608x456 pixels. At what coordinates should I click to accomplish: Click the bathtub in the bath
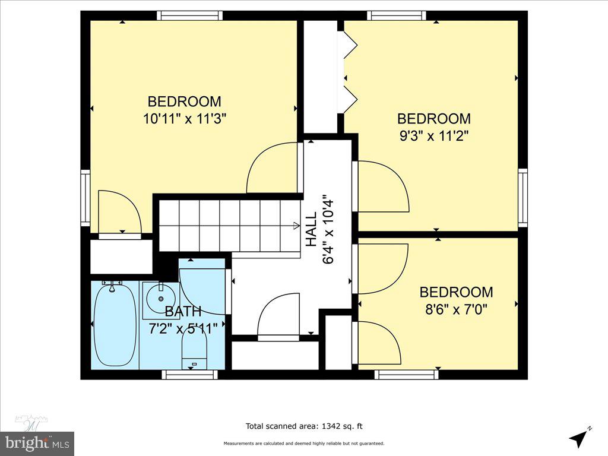point(115,325)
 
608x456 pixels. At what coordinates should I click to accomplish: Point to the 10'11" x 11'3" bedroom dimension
point(185,118)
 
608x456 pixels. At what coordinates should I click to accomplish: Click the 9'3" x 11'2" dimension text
point(434,135)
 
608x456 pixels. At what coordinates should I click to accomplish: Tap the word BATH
point(183,311)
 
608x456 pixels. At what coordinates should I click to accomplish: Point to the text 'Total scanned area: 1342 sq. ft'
point(305,426)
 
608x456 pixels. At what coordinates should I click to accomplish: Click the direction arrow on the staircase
point(296,225)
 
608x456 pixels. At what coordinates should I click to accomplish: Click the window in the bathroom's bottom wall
point(189,375)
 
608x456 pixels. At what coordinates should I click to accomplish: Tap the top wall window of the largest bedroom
point(190,15)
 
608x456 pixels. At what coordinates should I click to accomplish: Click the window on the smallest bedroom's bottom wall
point(407,375)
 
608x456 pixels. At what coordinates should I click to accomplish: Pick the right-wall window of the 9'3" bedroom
point(522,197)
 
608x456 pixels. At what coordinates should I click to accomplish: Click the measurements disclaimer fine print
point(304,444)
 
